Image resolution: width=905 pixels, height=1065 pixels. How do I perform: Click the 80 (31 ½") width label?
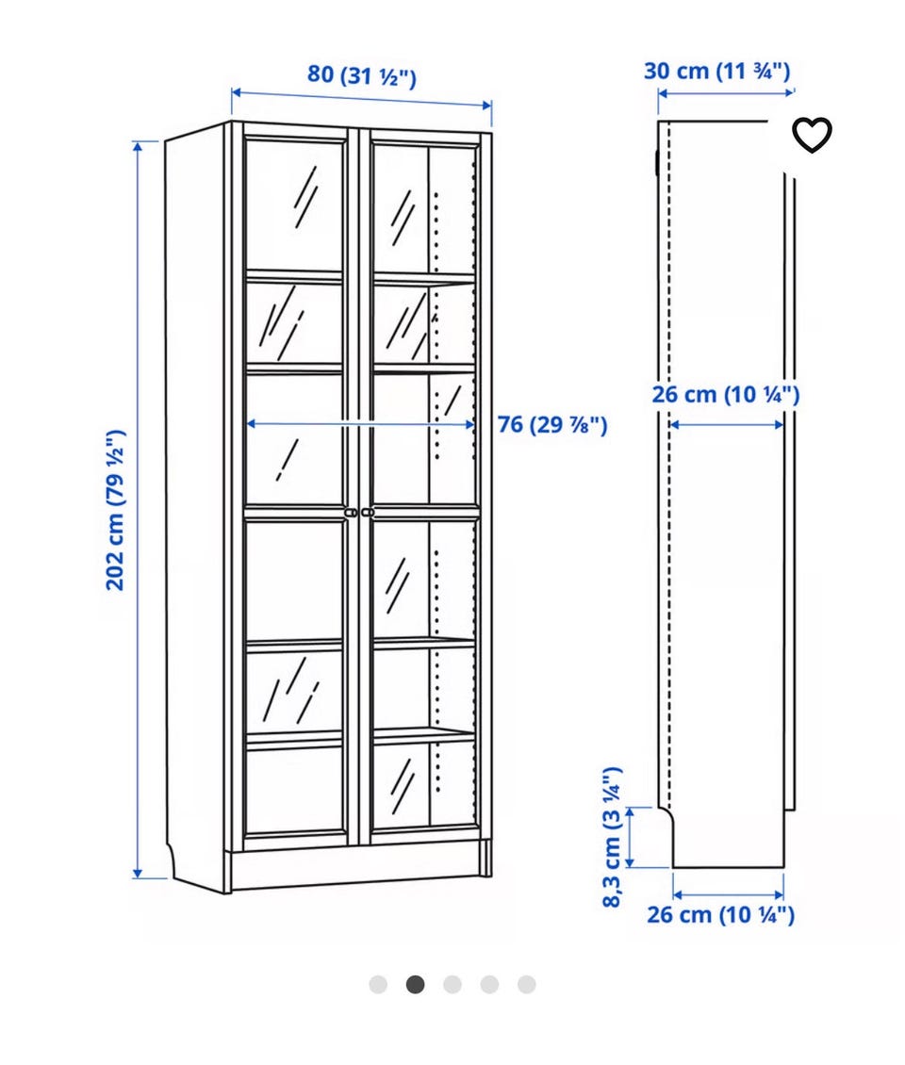coord(361,74)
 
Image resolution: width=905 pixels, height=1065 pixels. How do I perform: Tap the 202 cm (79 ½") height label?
coord(116,509)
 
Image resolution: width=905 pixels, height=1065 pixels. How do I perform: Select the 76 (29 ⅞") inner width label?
coord(552,424)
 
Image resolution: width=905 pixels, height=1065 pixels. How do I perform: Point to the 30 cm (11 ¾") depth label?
coord(716,71)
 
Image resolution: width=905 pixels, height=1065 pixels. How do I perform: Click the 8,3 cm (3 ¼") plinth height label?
coord(612,837)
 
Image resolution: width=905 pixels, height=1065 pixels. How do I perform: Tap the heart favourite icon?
coord(812,135)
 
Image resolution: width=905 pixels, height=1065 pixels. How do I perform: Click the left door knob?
coord(351,512)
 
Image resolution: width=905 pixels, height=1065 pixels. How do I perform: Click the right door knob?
coord(368,512)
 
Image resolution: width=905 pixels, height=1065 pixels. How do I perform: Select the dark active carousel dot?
coord(415,984)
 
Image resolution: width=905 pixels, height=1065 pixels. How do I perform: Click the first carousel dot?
coord(378,984)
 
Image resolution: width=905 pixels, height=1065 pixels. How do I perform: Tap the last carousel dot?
coord(527,984)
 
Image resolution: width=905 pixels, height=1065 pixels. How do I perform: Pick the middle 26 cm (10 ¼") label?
coord(726,394)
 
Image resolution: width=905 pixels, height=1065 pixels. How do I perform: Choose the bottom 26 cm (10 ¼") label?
coord(720,914)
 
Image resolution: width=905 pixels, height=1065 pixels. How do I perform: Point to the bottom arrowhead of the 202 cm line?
coord(138,874)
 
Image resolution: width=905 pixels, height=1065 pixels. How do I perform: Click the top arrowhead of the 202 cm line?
coord(138,147)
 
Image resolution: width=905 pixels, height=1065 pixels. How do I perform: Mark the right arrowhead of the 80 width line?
coord(486,106)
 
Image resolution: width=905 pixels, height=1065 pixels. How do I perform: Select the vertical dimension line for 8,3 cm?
coord(630,837)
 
